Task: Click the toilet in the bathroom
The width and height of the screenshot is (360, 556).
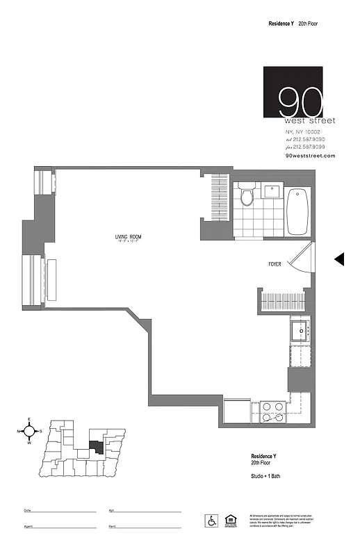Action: (x=246, y=196)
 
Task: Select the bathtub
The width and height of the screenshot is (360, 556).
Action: (x=297, y=211)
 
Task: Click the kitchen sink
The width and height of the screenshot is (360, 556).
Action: (x=302, y=331)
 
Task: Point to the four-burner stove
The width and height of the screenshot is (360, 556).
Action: (x=272, y=411)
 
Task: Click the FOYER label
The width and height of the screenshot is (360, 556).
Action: (x=275, y=264)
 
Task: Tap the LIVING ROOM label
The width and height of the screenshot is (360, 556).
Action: (x=129, y=238)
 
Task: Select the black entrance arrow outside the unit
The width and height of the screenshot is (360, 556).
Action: (x=339, y=259)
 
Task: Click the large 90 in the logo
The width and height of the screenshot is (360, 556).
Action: (x=300, y=102)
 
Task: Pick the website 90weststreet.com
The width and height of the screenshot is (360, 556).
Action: (x=310, y=156)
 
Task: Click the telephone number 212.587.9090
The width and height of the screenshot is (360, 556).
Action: (x=309, y=139)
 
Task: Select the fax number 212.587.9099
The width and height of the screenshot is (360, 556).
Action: (x=309, y=147)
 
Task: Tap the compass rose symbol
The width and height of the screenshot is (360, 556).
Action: (x=29, y=431)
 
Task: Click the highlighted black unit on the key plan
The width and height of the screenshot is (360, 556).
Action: (x=97, y=446)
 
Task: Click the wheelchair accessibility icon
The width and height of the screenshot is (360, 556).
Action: (x=210, y=520)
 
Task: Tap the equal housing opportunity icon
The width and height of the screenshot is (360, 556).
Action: (x=230, y=520)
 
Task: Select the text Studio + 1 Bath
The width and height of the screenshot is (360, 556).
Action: (x=265, y=475)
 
